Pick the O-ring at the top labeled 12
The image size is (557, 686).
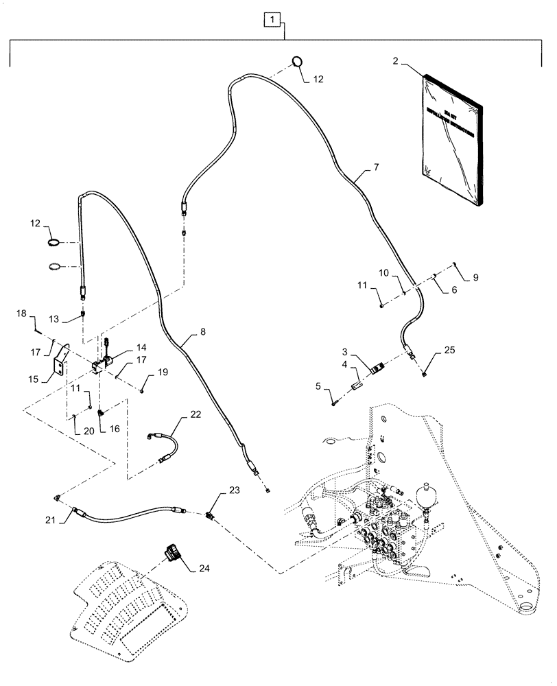pyautogui.click(x=297, y=61)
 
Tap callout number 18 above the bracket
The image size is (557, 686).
pyautogui.click(x=21, y=314)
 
